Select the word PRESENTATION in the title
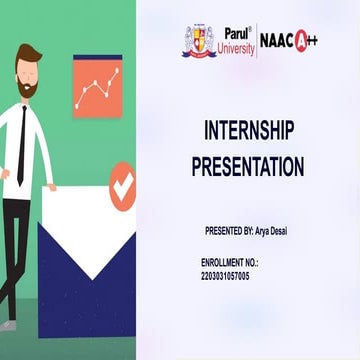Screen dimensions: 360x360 pyautogui.click(x=247, y=166)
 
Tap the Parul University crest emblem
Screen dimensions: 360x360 pyautogui.click(x=198, y=41)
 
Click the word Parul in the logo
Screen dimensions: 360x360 pyautogui.click(x=236, y=32)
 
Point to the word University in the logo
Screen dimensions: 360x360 pyautogui.click(x=237, y=47)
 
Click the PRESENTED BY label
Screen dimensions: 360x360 pyautogui.click(x=228, y=230)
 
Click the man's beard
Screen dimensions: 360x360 pyautogui.click(x=28, y=90)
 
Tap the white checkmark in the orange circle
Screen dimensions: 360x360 pyautogui.click(x=122, y=185)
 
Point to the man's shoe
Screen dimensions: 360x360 pyautogui.click(x=7, y=325)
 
